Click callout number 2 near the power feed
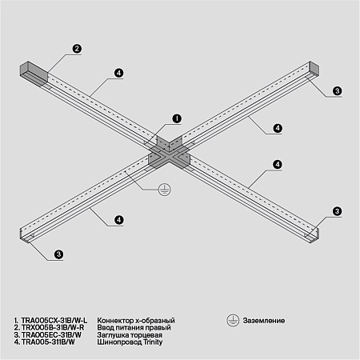point(77,49)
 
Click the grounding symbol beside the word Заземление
point(232,319)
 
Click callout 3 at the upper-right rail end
point(337,91)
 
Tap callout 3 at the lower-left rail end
point(58,255)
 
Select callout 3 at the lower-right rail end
point(337,210)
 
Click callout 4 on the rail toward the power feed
point(118,74)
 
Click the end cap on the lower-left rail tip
point(22,234)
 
